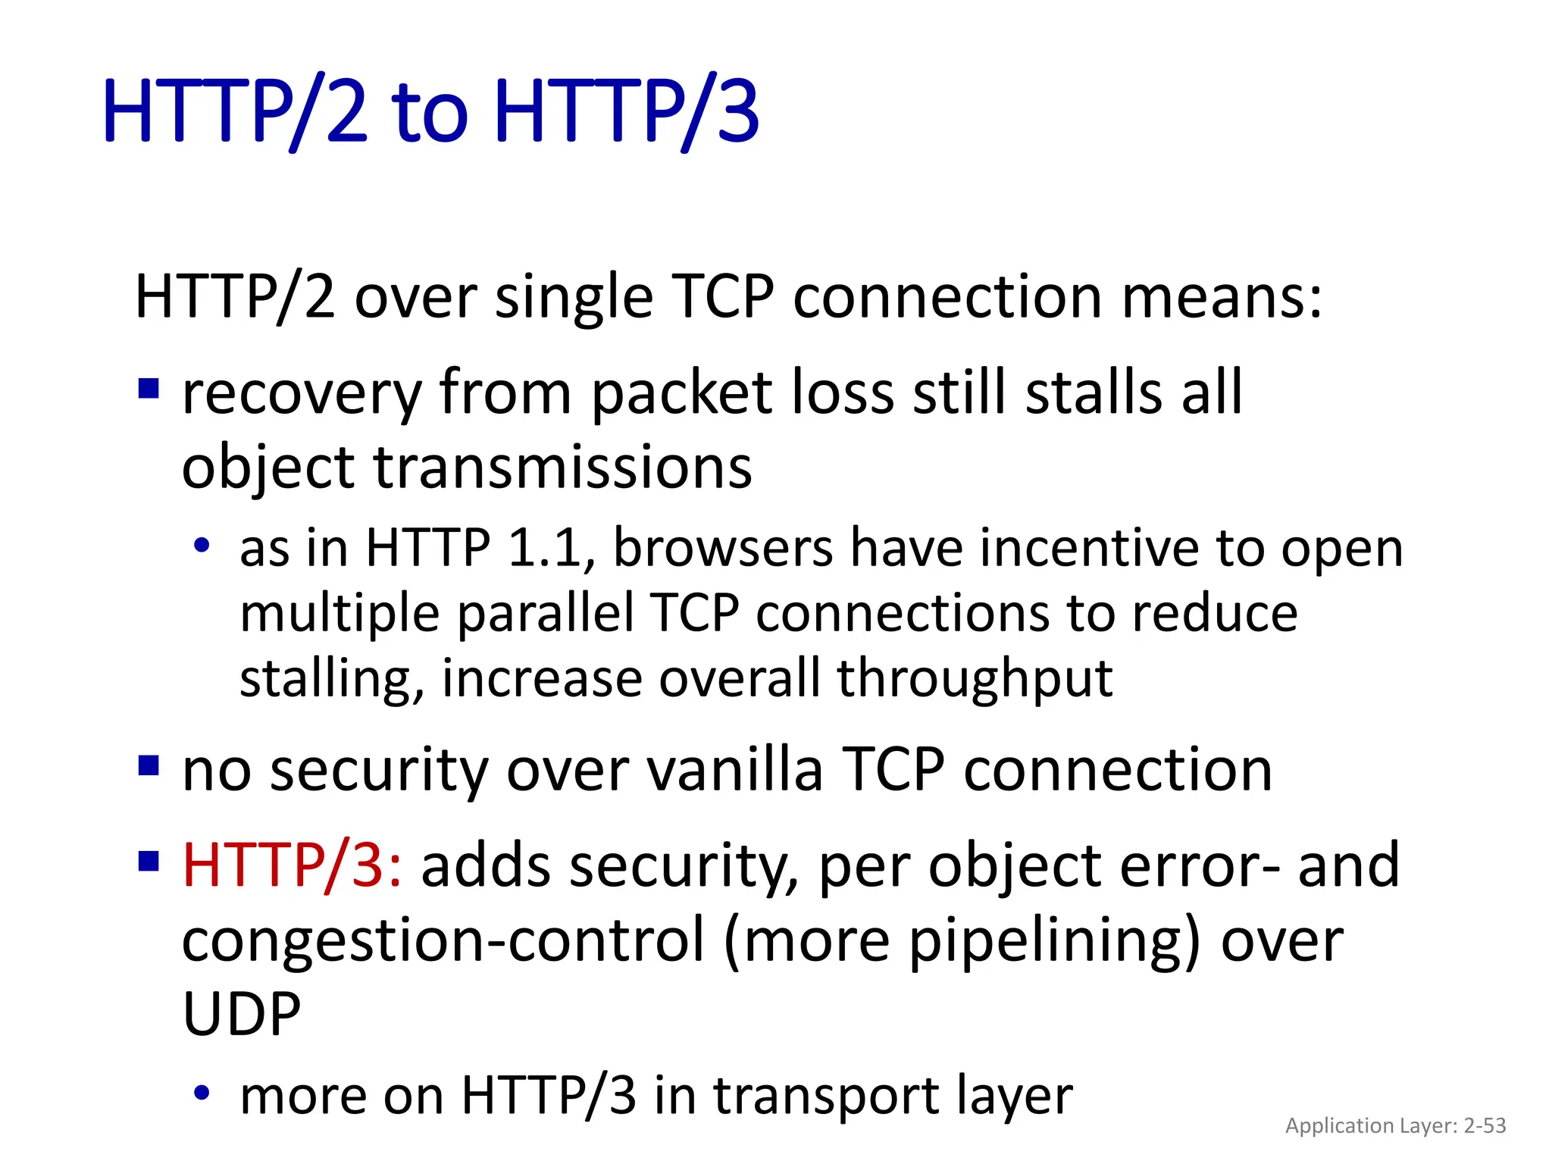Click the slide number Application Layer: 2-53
click(1395, 1125)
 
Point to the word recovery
click(302, 394)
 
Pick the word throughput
click(975, 679)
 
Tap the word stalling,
click(331, 679)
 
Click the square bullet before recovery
click(149, 390)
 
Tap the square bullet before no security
click(149, 766)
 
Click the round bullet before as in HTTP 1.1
click(201, 546)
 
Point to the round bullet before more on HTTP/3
click(201, 1093)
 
